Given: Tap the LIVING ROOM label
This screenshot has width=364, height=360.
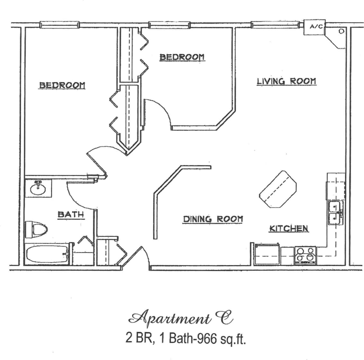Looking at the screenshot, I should point(286,81).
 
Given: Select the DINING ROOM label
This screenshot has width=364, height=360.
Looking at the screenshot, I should point(213,219).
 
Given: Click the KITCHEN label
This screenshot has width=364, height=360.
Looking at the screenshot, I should point(289,228).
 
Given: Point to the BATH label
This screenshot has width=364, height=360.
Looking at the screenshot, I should point(71,214).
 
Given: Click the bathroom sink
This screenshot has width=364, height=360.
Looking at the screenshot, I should point(39,188).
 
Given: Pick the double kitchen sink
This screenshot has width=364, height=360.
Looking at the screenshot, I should point(334,213).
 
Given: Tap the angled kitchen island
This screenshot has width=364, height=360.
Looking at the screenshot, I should point(278,189).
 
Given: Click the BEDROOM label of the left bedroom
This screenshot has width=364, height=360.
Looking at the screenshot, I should point(62,85).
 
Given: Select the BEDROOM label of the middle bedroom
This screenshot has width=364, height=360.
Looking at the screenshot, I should point(182,57).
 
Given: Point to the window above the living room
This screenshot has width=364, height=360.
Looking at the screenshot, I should point(274,24).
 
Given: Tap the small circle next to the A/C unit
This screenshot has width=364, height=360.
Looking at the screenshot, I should point(341,32).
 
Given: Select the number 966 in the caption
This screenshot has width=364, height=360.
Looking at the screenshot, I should point(204,339).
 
